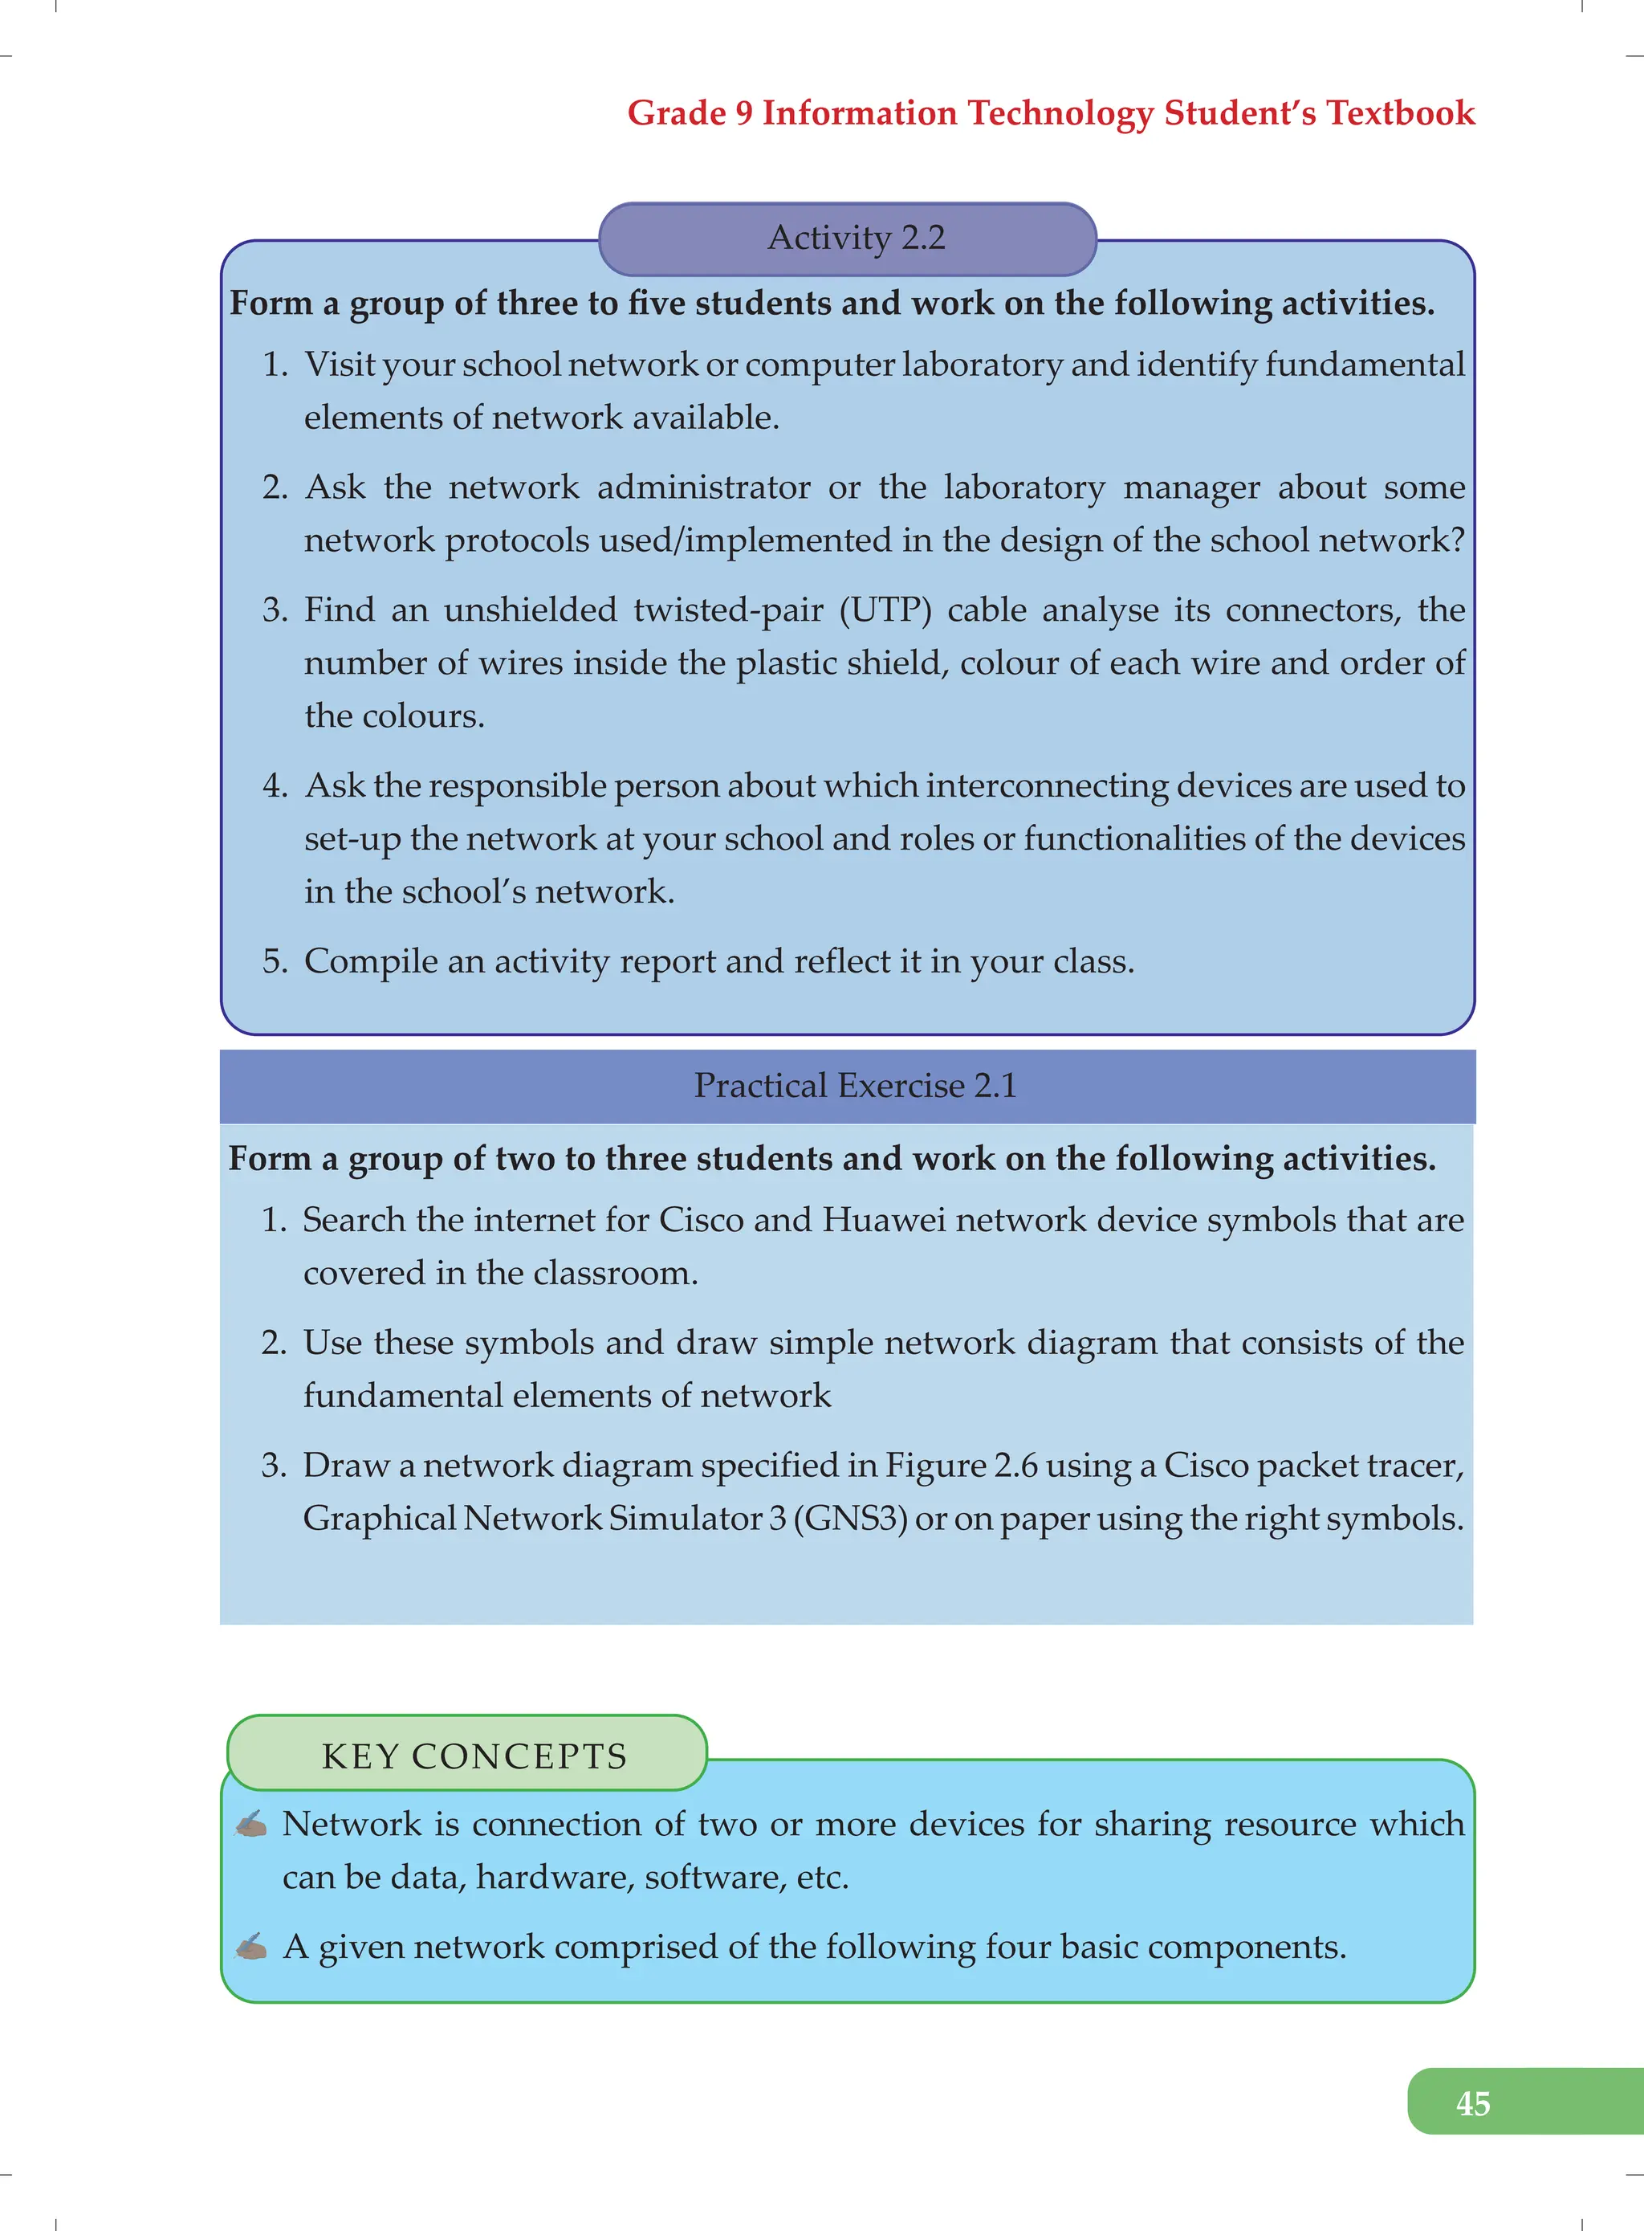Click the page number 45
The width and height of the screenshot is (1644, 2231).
click(1472, 2103)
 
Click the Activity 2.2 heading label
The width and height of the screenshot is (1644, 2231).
click(856, 238)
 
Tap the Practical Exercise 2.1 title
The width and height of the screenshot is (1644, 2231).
click(855, 1085)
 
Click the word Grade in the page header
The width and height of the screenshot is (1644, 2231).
click(677, 112)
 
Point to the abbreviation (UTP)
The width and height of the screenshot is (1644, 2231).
click(885, 610)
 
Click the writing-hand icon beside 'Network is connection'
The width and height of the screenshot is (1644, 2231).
click(250, 1824)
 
